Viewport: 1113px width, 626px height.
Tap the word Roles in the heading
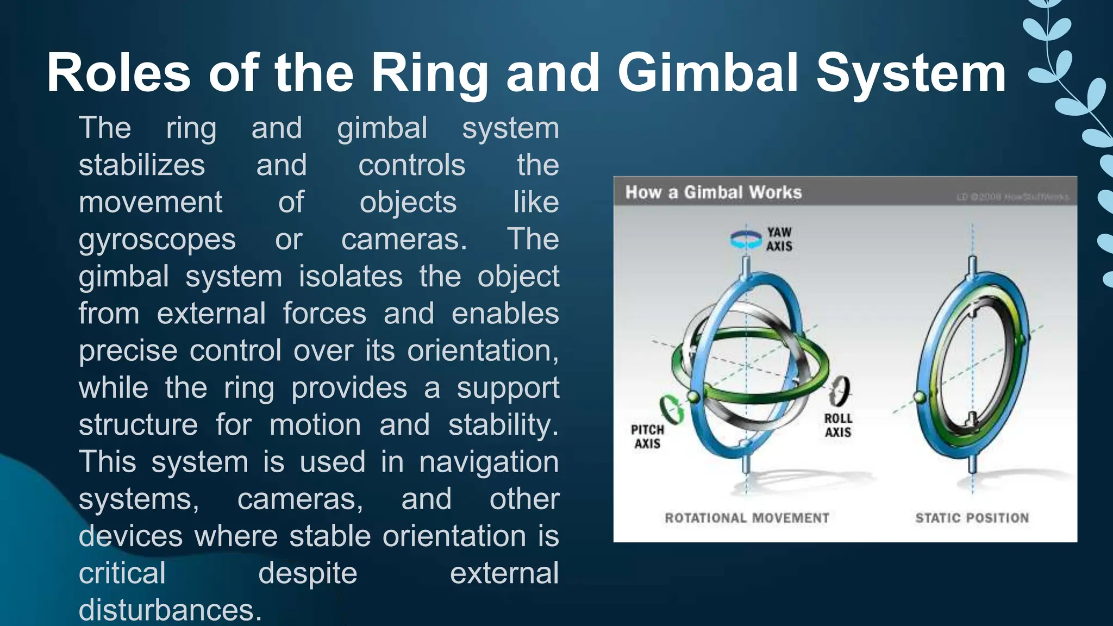118,73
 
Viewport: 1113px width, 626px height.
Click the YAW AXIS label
779,239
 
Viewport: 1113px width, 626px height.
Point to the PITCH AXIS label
647,436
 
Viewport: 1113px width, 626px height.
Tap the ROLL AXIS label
837,425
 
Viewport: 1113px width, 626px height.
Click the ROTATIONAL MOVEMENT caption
747,518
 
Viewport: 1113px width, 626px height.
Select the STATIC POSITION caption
972,518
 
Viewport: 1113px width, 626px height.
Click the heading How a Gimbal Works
713,192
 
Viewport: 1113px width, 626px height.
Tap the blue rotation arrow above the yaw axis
746,240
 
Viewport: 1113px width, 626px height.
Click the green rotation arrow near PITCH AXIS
672,410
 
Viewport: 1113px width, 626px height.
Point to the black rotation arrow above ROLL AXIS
840,391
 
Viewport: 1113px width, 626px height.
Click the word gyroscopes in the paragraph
157,240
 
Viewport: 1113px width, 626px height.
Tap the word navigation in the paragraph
489,462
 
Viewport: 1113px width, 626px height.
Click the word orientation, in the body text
483,350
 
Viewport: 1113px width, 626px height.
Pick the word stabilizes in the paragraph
142,165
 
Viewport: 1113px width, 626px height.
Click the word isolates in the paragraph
351,277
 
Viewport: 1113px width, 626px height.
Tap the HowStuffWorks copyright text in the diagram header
1012,197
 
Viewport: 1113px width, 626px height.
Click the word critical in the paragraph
122,573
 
